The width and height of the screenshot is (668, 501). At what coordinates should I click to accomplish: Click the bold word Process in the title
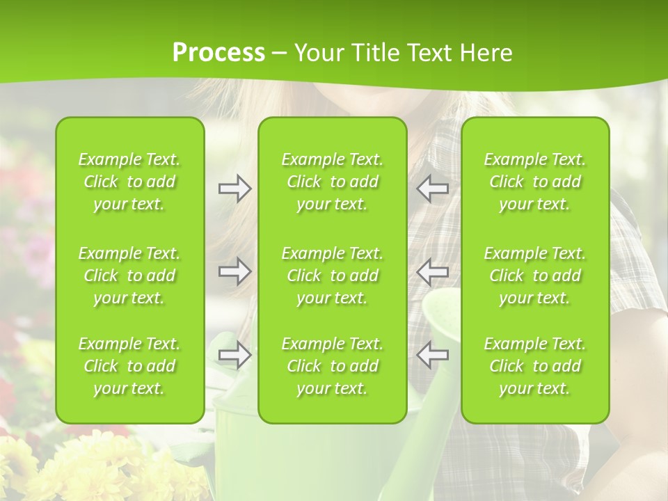click(218, 53)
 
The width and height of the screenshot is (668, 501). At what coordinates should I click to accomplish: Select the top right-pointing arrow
click(234, 189)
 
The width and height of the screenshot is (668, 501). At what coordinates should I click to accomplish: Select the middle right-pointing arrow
click(234, 271)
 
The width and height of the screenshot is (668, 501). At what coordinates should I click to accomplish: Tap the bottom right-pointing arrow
click(234, 355)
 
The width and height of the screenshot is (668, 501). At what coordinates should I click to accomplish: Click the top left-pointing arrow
click(432, 189)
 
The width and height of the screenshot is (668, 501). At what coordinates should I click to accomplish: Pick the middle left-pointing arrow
click(432, 271)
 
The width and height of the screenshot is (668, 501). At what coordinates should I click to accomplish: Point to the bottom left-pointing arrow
click(432, 355)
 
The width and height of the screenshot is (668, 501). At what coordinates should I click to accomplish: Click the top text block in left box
click(129, 182)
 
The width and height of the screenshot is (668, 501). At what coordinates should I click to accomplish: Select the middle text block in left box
click(129, 276)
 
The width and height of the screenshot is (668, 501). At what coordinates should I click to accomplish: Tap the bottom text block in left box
click(129, 366)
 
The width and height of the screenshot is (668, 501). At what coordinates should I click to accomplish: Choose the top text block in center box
click(333, 182)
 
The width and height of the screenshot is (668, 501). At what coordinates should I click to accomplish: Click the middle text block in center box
click(333, 276)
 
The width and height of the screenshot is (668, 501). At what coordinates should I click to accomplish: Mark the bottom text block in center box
click(333, 366)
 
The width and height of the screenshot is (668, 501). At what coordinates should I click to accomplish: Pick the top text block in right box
click(535, 182)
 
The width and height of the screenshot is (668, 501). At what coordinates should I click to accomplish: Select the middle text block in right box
click(535, 276)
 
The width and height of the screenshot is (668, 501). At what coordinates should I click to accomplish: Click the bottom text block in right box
click(535, 366)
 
